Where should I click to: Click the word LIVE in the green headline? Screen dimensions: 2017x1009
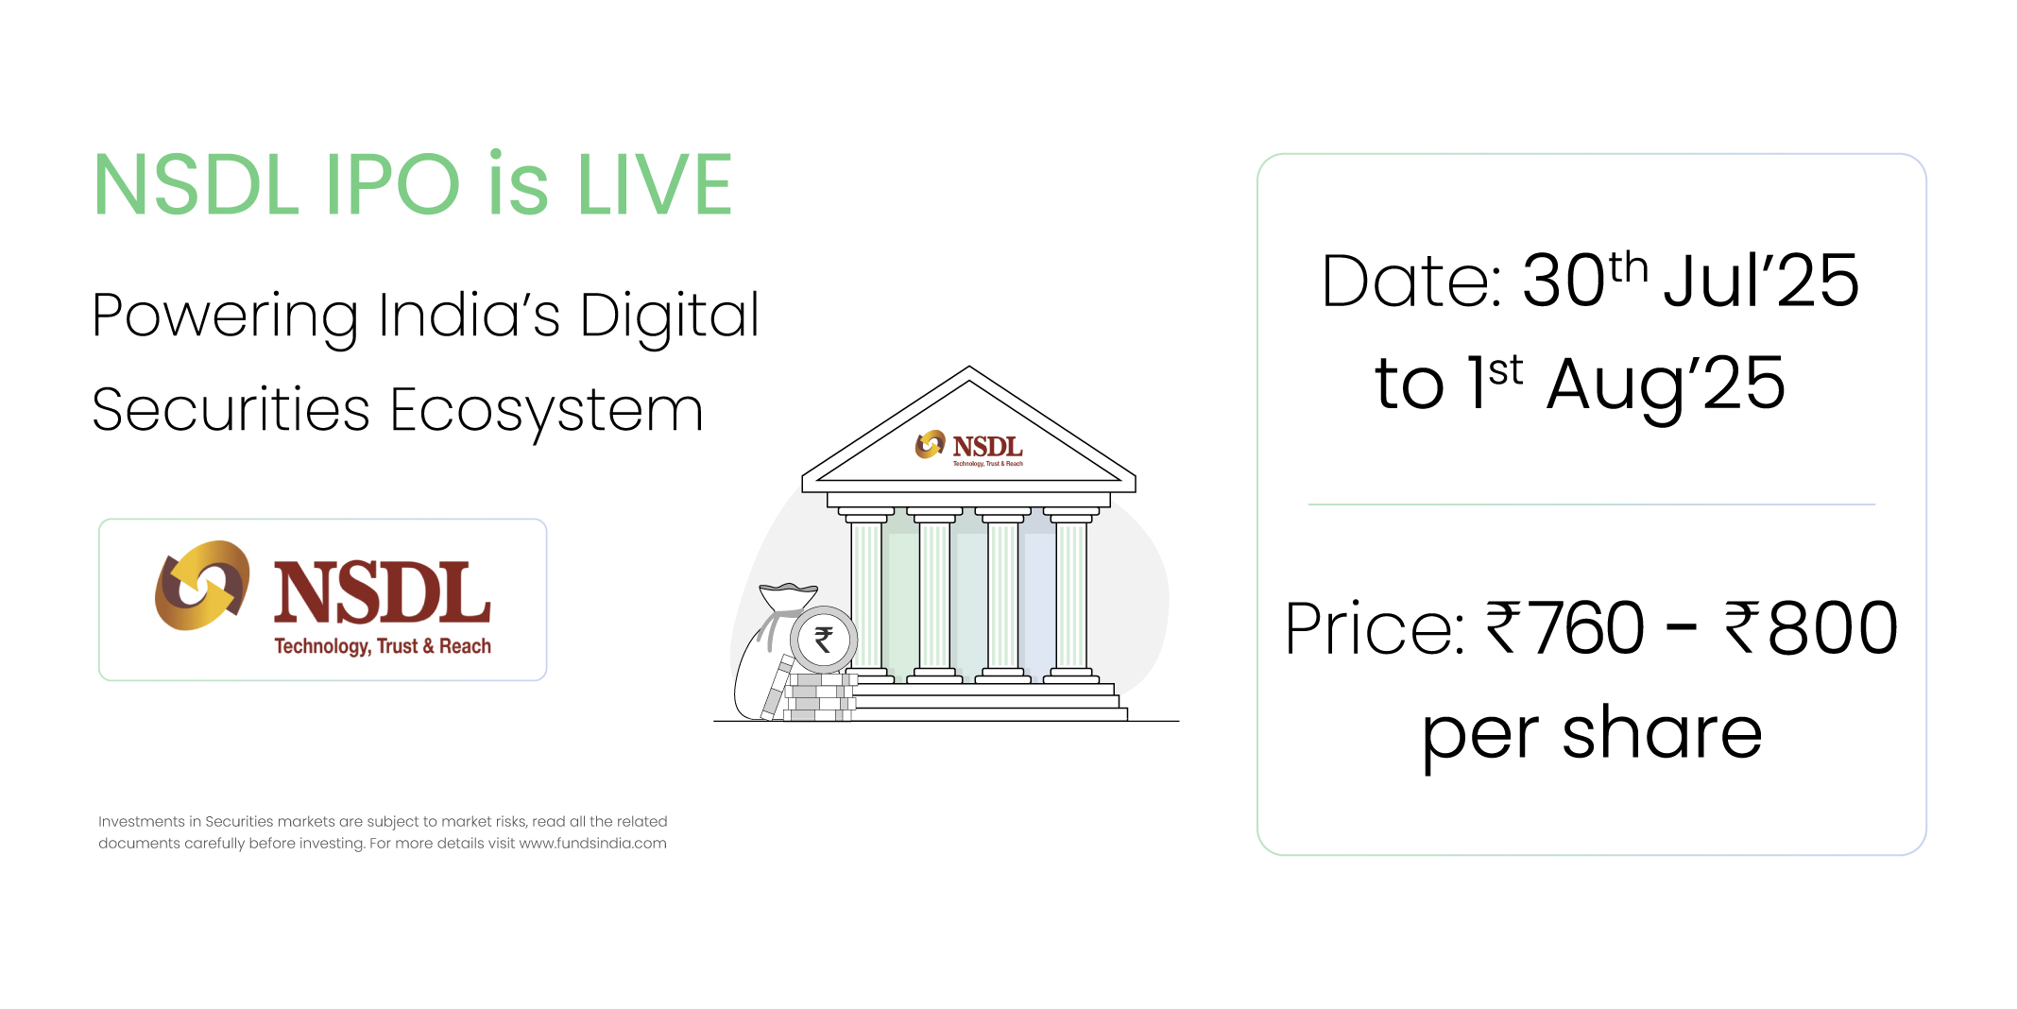[x=655, y=184]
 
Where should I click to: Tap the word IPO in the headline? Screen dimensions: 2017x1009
[x=392, y=184]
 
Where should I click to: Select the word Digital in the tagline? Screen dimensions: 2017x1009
[x=670, y=316]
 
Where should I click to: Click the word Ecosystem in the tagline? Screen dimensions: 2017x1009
[x=547, y=411]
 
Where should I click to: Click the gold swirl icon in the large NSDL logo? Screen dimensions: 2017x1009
[x=202, y=586]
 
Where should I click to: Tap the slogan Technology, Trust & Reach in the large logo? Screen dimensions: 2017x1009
[x=383, y=646]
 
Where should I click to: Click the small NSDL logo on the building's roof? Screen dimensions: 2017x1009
[x=969, y=448]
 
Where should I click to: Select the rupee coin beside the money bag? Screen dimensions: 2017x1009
[x=823, y=640]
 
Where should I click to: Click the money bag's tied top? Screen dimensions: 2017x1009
[x=788, y=598]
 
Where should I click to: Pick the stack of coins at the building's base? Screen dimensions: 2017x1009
[x=818, y=697]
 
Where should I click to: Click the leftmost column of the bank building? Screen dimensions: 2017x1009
[x=866, y=595]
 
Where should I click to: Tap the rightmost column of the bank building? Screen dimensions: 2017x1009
[x=1071, y=595]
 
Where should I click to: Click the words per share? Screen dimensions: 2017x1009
[x=1592, y=734]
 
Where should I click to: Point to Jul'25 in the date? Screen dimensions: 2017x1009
[x=1761, y=281]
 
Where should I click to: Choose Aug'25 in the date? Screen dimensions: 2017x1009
[x=1666, y=385]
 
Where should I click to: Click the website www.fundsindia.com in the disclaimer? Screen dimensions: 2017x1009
[x=592, y=844]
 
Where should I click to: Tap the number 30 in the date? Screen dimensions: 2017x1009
[x=1564, y=281]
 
